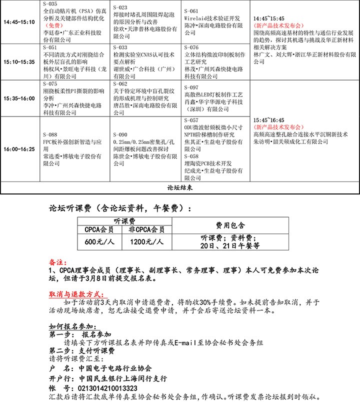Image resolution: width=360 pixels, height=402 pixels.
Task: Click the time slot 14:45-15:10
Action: [19, 22]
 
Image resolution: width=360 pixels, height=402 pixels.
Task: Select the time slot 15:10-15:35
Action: [19, 62]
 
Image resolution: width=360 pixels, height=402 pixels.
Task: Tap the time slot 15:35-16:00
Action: [19, 98]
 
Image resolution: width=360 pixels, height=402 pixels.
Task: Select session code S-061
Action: [191, 11]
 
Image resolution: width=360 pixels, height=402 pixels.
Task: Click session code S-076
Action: [191, 47]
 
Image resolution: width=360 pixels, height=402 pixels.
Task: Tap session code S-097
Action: [191, 87]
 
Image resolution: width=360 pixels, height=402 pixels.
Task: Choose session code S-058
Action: [191, 156]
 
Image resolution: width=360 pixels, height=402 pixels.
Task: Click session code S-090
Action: [120, 135]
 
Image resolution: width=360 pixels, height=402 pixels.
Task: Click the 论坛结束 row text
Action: [180, 188]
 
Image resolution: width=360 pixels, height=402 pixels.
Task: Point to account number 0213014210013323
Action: [105, 387]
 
